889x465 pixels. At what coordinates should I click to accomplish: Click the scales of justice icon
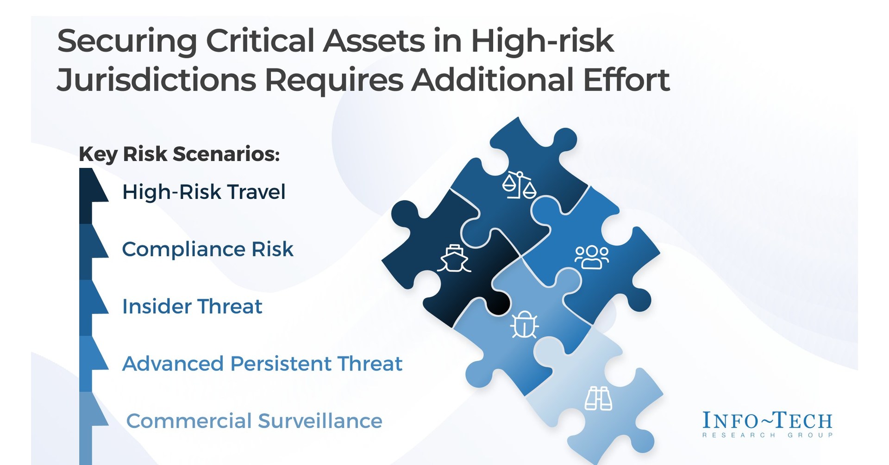point(519,185)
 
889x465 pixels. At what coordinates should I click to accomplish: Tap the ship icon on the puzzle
point(454,259)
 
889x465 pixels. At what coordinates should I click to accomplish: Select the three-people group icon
point(591,257)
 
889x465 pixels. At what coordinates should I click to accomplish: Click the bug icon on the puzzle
point(524,324)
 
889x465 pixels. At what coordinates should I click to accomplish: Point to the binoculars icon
point(598,398)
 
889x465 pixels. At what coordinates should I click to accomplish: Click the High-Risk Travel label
point(204,192)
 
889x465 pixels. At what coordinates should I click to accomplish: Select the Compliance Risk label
point(207,249)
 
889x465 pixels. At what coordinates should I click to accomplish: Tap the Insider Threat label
point(192,307)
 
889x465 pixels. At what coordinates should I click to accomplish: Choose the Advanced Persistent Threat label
point(262,364)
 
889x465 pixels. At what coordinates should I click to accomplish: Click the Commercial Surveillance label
point(254,421)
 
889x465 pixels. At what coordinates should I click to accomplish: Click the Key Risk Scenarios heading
point(179,154)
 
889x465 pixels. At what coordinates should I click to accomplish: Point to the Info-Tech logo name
point(767,421)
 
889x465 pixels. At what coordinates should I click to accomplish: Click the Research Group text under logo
point(767,435)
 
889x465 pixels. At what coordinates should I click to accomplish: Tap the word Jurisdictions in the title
point(156,80)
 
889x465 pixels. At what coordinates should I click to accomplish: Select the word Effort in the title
point(626,80)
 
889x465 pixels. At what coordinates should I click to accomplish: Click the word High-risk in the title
point(542,41)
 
